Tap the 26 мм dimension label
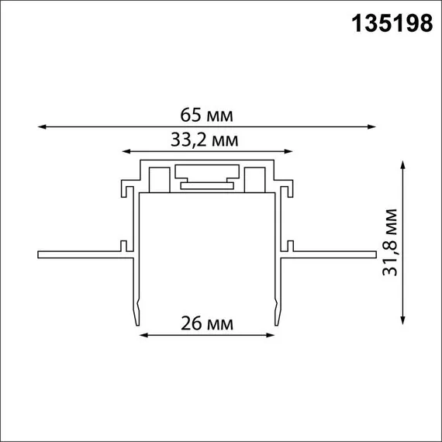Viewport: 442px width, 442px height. pos(206,323)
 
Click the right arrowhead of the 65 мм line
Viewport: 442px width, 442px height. pos(374,126)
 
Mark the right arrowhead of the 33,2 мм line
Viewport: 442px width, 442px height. pos(292,151)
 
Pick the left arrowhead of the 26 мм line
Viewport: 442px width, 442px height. pos(141,336)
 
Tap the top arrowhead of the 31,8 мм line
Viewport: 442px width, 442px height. pos(403,162)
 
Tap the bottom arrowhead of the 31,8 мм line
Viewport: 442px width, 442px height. pos(403,322)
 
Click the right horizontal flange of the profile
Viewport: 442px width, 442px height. pos(333,253)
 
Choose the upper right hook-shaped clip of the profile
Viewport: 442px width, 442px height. pos(289,190)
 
